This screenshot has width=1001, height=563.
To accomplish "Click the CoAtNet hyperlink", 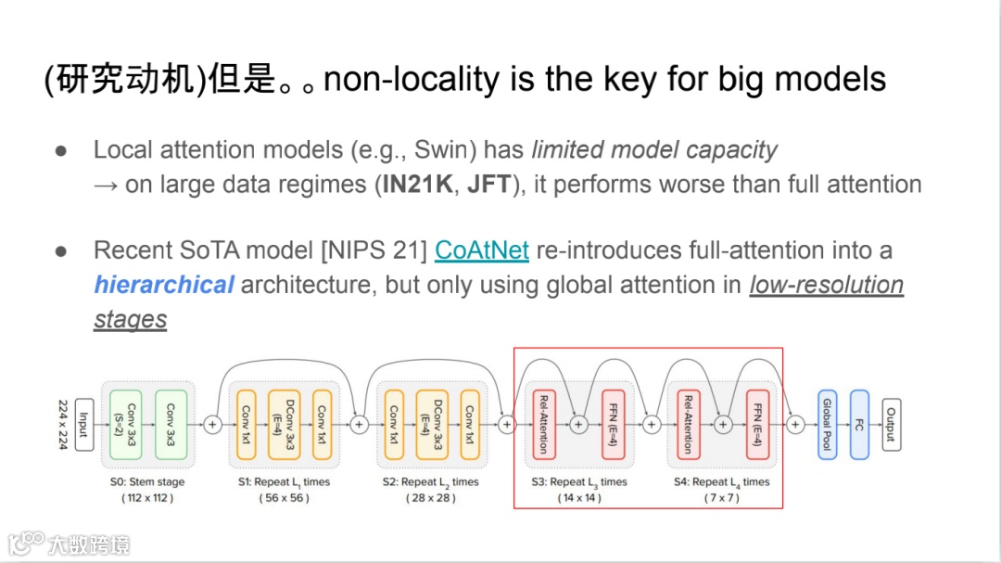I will [482, 250].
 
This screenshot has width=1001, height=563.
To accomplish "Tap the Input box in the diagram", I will [84, 424].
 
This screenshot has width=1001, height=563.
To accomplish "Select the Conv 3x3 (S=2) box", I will [125, 424].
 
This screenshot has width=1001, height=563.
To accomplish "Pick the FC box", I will [859, 424].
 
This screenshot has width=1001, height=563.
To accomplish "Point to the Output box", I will [891, 424].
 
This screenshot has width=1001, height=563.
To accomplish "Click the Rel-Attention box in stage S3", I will [542, 424].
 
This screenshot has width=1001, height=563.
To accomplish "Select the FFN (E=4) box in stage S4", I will [757, 424].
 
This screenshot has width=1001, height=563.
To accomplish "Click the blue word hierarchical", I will [164, 285].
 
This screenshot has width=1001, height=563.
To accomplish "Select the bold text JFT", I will [488, 185].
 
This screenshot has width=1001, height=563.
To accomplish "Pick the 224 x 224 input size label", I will [64, 424].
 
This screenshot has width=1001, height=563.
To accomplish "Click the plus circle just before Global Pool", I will [794, 424].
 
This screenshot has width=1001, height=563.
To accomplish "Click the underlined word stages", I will [131, 320].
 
